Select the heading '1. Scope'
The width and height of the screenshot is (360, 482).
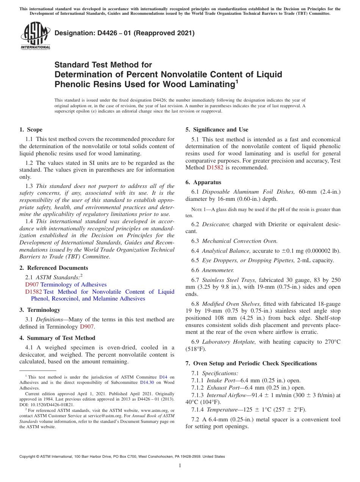pos(31,130)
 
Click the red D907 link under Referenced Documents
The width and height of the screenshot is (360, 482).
pos(32,285)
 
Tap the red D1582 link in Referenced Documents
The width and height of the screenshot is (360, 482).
pos(33,292)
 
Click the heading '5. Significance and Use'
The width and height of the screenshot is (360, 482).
pos(217,130)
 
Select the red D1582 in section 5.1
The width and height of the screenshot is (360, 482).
pos(214,167)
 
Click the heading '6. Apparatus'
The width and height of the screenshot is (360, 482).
pos(203,182)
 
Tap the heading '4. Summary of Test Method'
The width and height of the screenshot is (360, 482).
pos(57,338)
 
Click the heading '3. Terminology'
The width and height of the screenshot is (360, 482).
pos(40,310)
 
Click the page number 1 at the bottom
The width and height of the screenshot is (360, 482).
pos(180,465)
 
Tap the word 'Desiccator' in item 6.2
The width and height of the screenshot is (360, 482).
pos(216,224)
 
